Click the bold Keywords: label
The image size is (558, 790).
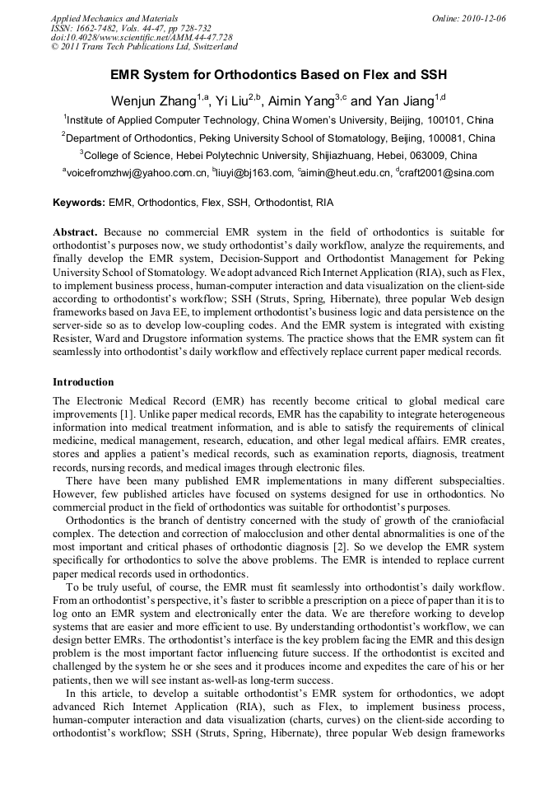(80, 203)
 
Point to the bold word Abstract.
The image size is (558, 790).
(76, 233)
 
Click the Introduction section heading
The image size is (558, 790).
(83, 382)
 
